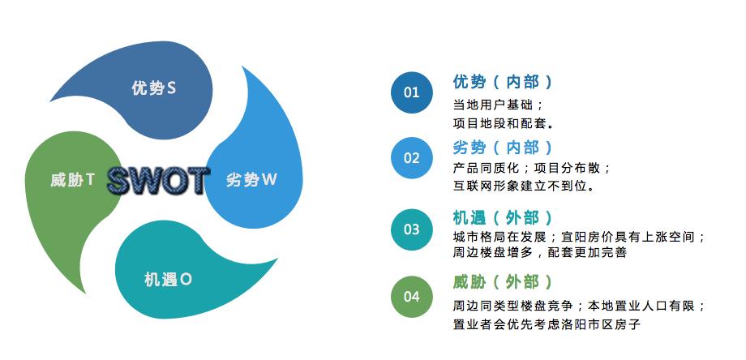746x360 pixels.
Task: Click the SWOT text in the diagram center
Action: (158, 180)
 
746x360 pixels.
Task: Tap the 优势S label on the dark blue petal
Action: (154, 88)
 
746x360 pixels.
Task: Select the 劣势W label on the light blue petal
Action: (251, 179)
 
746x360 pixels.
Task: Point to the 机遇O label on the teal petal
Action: (168, 280)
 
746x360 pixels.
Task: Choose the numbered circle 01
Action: (411, 92)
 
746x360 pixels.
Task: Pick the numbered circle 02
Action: (411, 158)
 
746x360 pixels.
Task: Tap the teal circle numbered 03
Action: (411, 229)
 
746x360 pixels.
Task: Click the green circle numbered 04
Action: (411, 297)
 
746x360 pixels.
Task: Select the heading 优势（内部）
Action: (504, 82)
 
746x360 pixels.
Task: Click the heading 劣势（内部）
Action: (504, 148)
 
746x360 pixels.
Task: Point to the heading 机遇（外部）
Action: (504, 217)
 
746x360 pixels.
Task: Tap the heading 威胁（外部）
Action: (504, 282)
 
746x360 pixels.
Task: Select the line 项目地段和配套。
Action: (504, 124)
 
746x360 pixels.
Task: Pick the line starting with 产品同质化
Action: (532, 168)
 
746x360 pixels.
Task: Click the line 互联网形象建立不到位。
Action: (525, 186)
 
